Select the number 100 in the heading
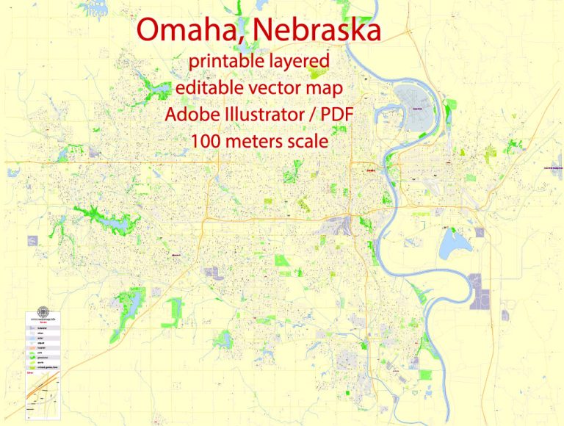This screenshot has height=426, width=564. [x=207, y=141]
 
